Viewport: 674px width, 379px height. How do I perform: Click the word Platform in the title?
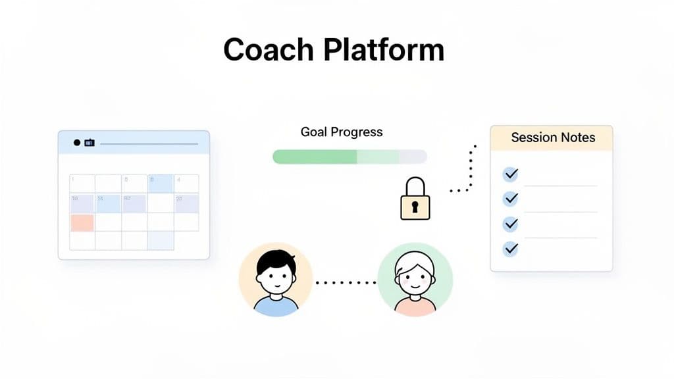coord(381,50)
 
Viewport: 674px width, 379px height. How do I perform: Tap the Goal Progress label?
coord(341,132)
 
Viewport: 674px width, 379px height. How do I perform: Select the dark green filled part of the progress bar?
coord(315,157)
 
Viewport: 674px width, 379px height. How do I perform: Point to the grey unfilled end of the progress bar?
coord(413,157)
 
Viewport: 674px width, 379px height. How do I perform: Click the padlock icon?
coord(415,200)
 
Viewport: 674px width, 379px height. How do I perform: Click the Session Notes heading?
coord(552,138)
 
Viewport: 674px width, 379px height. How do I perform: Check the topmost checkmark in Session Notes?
coord(510,174)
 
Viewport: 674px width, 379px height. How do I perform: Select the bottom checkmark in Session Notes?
coord(510,249)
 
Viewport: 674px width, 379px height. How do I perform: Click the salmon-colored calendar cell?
coord(82,222)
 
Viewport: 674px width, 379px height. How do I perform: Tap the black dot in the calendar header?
coord(77,142)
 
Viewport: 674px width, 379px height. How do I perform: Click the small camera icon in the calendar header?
coord(89,142)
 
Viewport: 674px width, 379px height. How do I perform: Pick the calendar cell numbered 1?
coord(82,184)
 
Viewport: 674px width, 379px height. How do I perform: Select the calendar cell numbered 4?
coord(186,184)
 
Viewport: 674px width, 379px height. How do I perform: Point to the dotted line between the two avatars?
coord(346,283)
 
